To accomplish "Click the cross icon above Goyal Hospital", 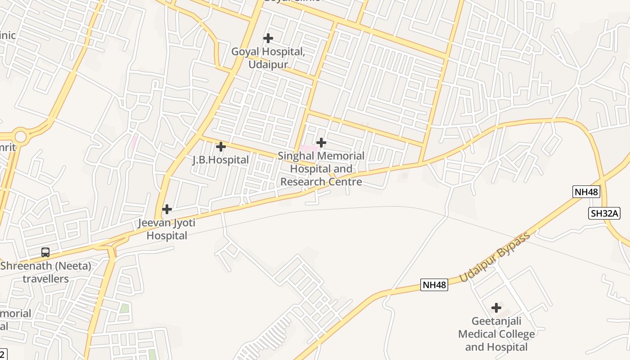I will [268, 38].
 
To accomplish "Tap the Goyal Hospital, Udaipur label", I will [268, 58].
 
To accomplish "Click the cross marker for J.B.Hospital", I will [221, 147].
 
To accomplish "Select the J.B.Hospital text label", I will [220, 160].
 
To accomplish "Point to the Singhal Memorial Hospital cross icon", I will [321, 143].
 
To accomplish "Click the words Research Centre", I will [321, 182].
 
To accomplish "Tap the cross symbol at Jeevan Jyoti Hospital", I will [167, 209].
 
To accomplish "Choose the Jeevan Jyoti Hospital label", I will [167, 229].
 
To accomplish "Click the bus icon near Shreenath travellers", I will [45, 252].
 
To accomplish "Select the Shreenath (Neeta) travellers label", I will [46, 272].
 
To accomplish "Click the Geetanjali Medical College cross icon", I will [496, 308].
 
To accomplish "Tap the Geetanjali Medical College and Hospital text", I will [496, 334].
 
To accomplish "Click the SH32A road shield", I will [604, 213].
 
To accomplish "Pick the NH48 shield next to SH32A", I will [586, 192].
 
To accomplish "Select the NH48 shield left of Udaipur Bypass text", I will [434, 284].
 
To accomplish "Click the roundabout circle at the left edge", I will [21, 136].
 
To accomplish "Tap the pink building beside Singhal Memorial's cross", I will [309, 148].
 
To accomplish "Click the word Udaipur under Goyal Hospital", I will [268, 64].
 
